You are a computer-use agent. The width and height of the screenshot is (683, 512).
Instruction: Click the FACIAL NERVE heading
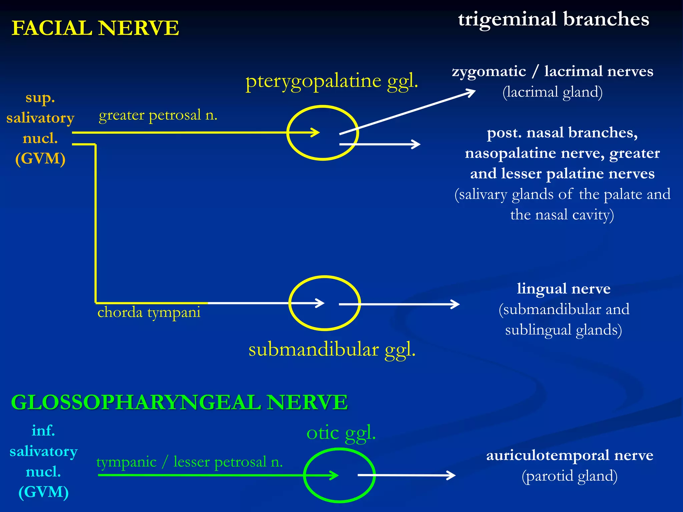point(95,28)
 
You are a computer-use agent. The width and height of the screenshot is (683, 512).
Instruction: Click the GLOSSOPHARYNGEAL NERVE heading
point(179,402)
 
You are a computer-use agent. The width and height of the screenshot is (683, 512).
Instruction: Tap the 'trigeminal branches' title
point(553,19)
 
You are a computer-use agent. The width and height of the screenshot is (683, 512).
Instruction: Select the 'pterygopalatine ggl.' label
point(331,81)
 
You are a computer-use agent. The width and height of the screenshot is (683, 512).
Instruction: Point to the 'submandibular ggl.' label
point(332,350)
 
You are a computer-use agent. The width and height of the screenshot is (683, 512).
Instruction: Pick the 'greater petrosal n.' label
point(158,115)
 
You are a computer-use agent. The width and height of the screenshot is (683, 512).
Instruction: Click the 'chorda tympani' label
point(149,312)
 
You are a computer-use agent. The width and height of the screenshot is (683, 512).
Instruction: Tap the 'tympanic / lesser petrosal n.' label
point(189,462)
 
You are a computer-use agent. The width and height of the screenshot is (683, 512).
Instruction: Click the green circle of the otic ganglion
point(304,475)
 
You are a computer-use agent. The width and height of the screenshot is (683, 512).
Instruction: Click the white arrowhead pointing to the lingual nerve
point(456,304)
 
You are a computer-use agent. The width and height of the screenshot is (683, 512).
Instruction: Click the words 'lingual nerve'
point(563,289)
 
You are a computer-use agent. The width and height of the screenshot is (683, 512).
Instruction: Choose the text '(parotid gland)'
point(569,476)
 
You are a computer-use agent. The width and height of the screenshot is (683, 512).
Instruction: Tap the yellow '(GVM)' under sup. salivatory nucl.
point(40,158)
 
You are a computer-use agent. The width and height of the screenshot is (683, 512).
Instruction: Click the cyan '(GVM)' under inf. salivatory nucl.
point(43,492)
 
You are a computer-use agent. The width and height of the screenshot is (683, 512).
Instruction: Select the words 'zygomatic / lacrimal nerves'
point(552,71)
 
